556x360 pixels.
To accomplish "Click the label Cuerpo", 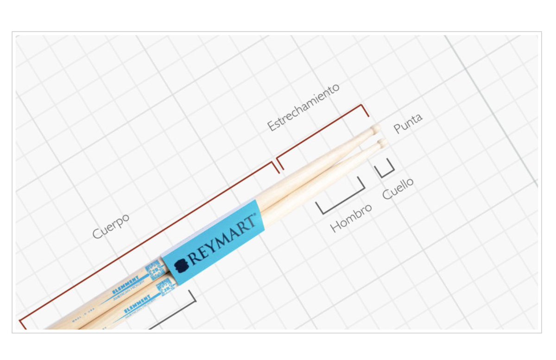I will [110, 226].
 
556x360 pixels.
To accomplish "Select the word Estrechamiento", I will [303, 107].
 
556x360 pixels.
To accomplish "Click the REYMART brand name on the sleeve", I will [222, 239].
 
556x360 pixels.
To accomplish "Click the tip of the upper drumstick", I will [374, 129].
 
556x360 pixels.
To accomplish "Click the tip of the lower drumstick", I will [382, 142].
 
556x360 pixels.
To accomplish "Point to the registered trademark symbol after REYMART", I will [253, 216].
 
